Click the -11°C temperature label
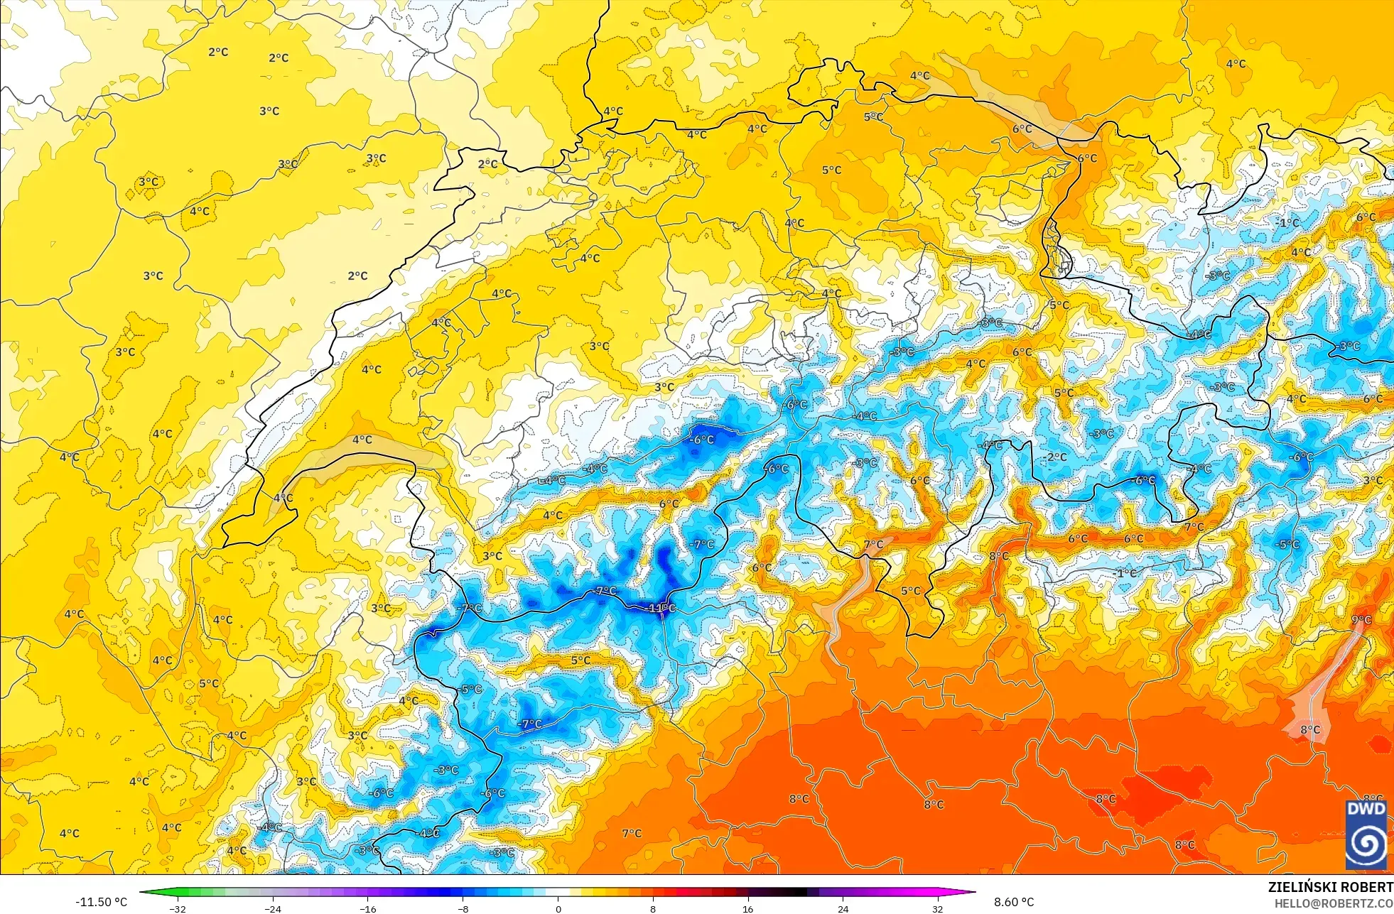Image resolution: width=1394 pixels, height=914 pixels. [660, 609]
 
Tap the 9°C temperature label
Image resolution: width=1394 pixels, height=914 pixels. [1361, 620]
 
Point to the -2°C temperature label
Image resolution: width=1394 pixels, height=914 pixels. [1057, 457]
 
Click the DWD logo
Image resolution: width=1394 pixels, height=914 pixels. [1366, 834]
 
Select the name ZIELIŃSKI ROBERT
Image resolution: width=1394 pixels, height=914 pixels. [1330, 887]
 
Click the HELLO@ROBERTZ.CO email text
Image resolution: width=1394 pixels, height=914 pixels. [1333, 903]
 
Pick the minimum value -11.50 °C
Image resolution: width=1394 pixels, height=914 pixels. [101, 902]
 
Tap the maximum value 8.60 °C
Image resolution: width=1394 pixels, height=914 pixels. [1014, 902]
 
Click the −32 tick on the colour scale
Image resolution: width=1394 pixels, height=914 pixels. [178, 908]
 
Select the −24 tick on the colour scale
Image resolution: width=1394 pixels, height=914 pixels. [273, 908]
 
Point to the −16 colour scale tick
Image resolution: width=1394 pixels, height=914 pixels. [367, 908]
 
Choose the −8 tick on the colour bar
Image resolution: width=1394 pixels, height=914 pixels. [463, 908]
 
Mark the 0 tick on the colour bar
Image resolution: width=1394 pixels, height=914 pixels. [558, 908]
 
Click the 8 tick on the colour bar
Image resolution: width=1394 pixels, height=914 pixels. [653, 908]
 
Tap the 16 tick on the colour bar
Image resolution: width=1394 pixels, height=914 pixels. [747, 908]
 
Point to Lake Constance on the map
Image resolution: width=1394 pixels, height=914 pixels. [1009, 99]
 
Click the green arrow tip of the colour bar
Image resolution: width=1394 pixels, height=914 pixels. [143, 892]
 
